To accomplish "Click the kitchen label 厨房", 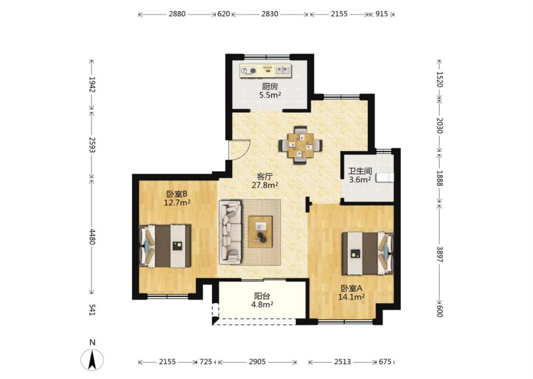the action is click(x=270, y=87).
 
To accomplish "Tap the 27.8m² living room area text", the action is click(x=265, y=185).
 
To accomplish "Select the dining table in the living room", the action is click(x=300, y=145).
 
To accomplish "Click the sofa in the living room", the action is click(x=230, y=232).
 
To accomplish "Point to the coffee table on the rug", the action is click(x=260, y=232).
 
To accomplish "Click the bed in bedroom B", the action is click(x=165, y=246).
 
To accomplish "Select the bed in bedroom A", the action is click(x=368, y=253).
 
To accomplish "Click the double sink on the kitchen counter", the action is click(x=283, y=71).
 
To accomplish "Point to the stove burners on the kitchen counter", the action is click(x=248, y=71).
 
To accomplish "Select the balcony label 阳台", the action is click(x=262, y=296).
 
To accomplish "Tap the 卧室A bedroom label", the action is click(x=352, y=288).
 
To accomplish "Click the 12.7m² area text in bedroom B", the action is click(x=177, y=203).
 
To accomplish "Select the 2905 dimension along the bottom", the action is click(x=257, y=361).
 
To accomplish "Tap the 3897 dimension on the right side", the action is click(x=440, y=254).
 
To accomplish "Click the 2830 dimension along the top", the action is click(x=270, y=14).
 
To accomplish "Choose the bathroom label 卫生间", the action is click(x=360, y=171).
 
